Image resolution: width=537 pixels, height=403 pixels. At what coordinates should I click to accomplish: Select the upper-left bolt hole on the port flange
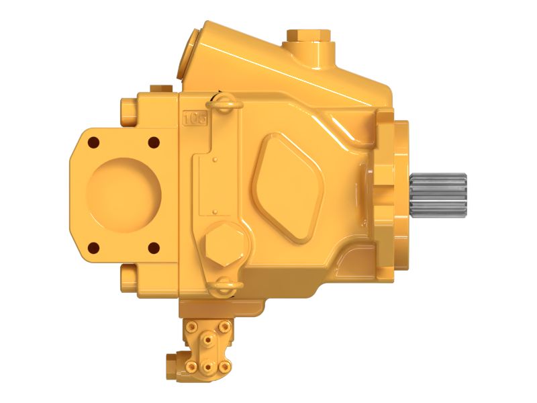pos(93,142)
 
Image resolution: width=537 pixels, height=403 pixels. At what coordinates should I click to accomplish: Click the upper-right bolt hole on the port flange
pos(153,142)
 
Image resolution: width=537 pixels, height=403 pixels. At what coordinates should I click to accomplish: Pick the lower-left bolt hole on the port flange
pos(93,247)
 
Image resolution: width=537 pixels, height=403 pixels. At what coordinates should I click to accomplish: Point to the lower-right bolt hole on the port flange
pos(153,247)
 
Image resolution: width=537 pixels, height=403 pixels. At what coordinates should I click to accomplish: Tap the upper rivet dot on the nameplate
pos(214,161)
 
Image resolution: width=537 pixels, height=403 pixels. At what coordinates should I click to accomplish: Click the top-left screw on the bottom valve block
pos(193,326)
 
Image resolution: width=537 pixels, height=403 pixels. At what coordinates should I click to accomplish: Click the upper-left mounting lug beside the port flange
pos(129,109)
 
